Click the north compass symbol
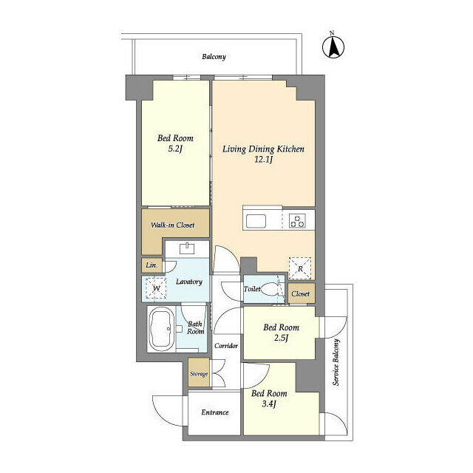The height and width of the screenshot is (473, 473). [333, 47]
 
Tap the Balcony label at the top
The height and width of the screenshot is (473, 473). [214, 57]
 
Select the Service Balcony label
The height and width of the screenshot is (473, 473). [336, 362]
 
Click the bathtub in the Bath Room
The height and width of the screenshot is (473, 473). [161, 328]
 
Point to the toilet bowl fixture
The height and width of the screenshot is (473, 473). [269, 289]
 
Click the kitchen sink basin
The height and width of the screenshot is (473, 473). [256, 221]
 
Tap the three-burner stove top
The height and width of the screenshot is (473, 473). [297, 220]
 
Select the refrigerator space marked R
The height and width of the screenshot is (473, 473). [300, 268]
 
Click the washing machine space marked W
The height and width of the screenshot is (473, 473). [156, 288]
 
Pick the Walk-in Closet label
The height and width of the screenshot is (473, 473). [172, 225]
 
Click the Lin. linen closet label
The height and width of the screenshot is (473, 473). [152, 265]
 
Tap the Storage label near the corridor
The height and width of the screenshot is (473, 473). [199, 374]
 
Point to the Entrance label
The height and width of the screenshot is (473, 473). [215, 412]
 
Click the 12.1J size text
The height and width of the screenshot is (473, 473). [263, 160]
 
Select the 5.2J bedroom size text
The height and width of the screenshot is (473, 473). [175, 149]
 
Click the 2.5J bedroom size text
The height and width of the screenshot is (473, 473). [281, 338]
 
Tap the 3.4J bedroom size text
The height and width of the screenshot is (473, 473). [269, 404]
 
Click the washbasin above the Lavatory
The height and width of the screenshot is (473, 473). [187, 248]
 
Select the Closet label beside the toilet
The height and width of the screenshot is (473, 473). [301, 293]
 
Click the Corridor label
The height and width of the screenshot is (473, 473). [226, 346]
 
